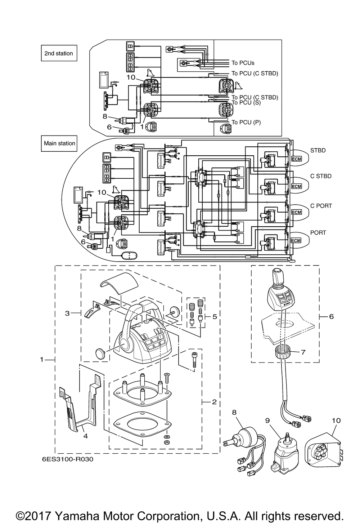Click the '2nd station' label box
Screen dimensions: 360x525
point(59,53)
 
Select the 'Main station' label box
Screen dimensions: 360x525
point(59,143)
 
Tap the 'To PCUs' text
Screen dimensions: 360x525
point(243,63)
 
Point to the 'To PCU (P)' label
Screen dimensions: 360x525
point(246,122)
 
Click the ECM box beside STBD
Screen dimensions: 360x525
point(297,159)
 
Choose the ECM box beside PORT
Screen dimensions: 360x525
point(296,240)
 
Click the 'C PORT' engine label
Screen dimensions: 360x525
point(321,205)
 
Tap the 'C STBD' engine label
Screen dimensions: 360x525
point(321,176)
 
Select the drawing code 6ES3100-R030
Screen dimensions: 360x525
point(68,459)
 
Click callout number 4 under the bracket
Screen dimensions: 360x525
point(85,436)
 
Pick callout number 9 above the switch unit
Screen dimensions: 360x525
point(267,421)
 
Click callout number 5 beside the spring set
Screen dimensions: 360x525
point(215,316)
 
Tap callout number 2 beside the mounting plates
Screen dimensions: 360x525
point(214,402)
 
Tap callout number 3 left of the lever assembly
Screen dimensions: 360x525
point(67,313)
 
